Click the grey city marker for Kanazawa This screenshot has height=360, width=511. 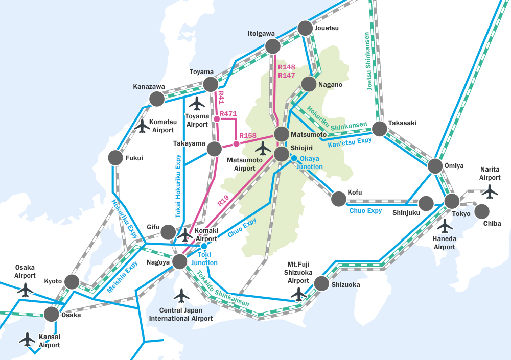click(x=156, y=99)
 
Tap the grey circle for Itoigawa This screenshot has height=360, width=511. click(x=273, y=47)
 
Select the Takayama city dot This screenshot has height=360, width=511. click(x=214, y=149)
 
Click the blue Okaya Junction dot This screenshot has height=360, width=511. click(x=294, y=158)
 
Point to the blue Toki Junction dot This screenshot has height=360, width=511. click(x=204, y=246)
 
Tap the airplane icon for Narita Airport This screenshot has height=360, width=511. click(x=490, y=191)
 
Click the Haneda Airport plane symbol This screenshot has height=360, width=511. click(x=445, y=225)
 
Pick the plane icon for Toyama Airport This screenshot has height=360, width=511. click(x=197, y=103)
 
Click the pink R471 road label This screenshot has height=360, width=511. click(x=228, y=114)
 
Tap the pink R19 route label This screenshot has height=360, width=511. click(x=223, y=200)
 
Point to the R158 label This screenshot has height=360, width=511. click(x=248, y=136)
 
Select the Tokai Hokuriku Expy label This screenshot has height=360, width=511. click(x=178, y=186)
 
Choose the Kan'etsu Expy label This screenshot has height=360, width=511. click(x=350, y=143)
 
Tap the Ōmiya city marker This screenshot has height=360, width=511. click(x=435, y=166)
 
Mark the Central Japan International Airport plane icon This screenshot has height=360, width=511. click(x=181, y=295)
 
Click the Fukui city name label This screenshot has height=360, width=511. click(x=134, y=158)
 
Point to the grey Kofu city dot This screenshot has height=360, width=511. click(x=338, y=199)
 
